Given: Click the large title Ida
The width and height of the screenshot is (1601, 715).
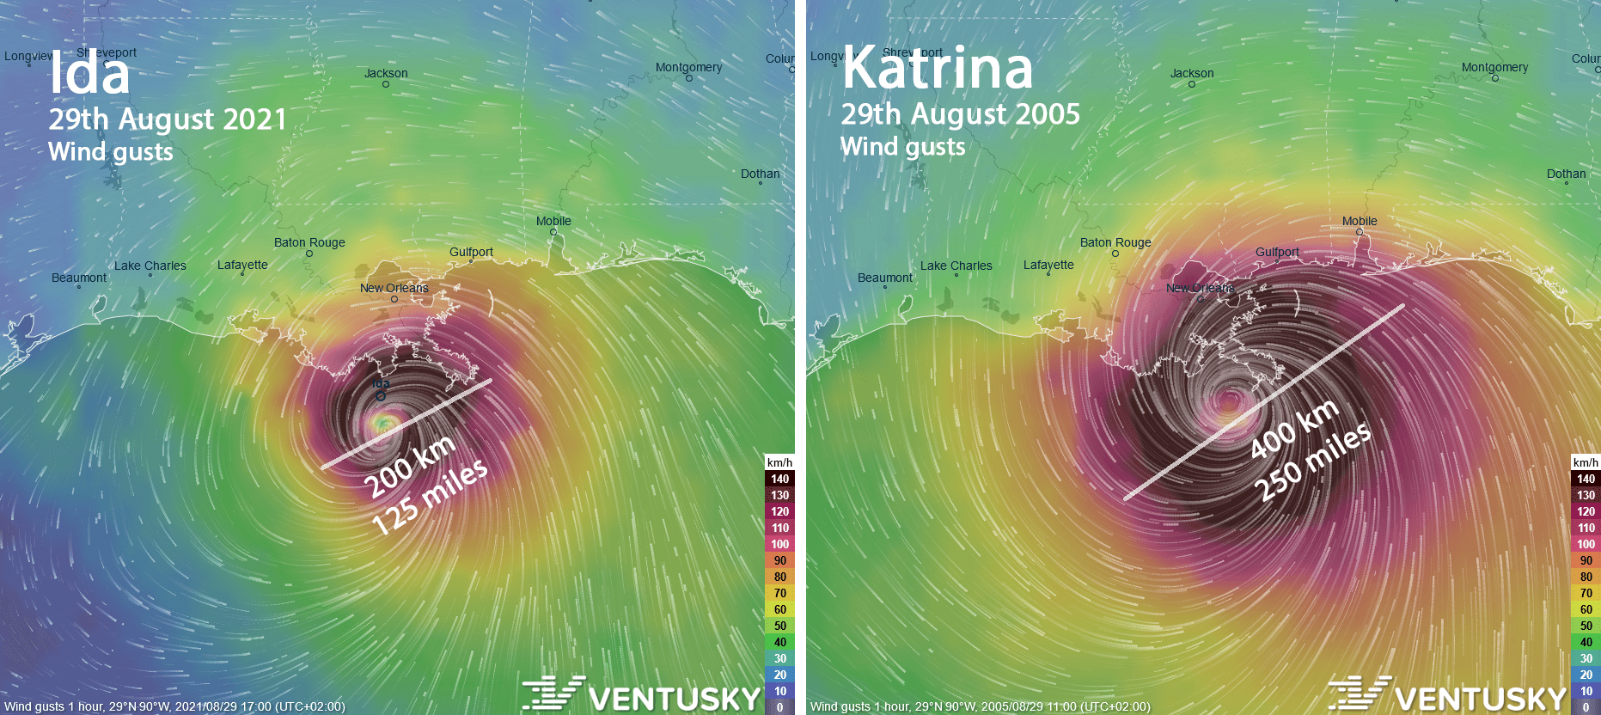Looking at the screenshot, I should click(x=89, y=74).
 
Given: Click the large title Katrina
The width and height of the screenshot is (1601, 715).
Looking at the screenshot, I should click(x=937, y=69).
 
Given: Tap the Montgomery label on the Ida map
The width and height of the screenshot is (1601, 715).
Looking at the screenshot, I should click(x=688, y=67).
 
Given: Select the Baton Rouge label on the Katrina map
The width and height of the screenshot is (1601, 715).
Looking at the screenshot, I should click(x=1115, y=242).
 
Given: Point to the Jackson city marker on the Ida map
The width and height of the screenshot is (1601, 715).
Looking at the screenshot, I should click(x=386, y=84).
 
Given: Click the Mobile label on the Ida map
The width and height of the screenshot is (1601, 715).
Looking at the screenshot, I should click(x=553, y=221).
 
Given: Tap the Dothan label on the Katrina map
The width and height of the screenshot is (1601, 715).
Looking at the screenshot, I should click(x=1566, y=174).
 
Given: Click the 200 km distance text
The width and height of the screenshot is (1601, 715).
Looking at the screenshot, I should click(x=409, y=467).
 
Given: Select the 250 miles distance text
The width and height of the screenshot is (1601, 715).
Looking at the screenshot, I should click(x=1312, y=461).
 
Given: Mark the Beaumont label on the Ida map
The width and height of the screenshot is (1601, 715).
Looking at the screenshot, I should click(x=79, y=278).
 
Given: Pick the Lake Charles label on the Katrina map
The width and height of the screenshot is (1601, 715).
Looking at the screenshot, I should click(x=956, y=266).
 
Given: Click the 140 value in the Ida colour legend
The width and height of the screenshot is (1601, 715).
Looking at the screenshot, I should click(x=779, y=479).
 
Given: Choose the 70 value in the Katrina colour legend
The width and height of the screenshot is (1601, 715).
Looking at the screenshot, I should click(x=1586, y=593).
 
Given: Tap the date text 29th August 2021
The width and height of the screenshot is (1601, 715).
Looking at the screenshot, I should click(x=168, y=119).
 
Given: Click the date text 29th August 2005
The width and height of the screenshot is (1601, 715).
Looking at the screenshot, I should click(x=960, y=114).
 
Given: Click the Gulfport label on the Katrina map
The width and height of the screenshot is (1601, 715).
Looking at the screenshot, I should click(x=1277, y=252).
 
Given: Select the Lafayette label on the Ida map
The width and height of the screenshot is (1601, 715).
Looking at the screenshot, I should click(x=242, y=265).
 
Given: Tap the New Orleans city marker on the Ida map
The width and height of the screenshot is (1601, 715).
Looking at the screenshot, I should click(x=394, y=300).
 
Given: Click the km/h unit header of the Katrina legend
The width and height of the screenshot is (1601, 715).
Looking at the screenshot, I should click(x=1586, y=462).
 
